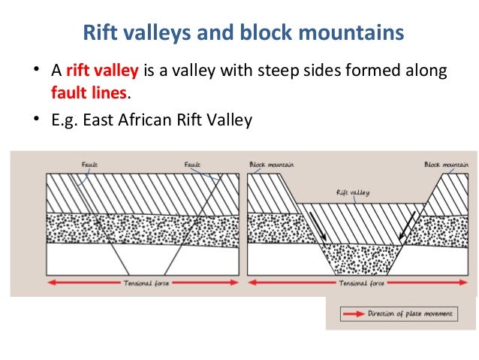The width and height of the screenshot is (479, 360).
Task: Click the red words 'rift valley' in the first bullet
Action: tap(102, 71)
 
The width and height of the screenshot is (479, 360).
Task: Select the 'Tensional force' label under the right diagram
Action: tap(361, 284)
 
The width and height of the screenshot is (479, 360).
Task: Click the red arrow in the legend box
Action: tap(351, 313)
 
